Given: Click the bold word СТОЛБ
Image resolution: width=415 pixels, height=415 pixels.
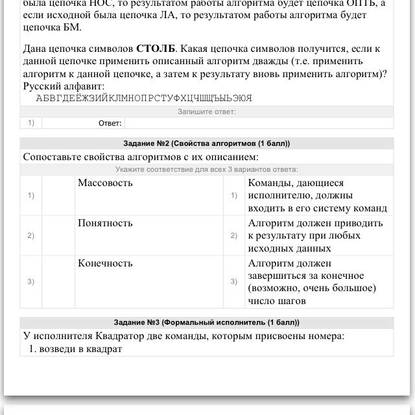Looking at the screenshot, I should point(155,49).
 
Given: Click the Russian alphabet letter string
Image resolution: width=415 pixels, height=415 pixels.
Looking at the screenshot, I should point(144,99).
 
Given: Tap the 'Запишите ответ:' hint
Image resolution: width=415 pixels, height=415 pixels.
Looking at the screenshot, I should point(207,112).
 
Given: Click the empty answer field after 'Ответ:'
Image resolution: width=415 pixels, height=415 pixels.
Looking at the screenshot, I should point(259,123).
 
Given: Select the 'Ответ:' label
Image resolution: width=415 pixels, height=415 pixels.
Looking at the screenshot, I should point(110,123).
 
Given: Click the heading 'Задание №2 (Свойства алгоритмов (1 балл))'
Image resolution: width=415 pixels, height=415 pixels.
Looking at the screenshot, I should point(207,143).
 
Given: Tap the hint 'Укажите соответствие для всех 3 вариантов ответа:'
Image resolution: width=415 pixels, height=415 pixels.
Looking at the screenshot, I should point(207,169).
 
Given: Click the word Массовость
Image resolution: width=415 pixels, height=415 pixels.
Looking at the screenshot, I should point(105,183).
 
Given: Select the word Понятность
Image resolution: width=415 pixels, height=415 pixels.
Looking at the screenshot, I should point(105,223).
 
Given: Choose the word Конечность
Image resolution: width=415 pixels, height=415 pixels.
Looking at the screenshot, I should point(105,263).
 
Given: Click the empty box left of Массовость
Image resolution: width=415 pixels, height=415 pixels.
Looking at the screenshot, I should point(58,195).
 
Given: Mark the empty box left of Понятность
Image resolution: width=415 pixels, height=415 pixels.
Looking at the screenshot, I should point(58,235).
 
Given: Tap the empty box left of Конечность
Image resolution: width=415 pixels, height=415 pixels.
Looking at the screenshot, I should point(58,281).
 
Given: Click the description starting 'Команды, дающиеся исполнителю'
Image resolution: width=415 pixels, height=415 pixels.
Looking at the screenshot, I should point(317,195).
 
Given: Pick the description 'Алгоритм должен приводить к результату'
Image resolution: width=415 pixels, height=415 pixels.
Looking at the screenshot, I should point(316,235).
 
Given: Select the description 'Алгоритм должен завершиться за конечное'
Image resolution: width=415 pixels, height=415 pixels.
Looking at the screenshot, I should point(312,281).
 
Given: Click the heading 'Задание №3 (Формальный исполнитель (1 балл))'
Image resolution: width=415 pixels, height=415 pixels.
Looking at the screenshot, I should point(207,322).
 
